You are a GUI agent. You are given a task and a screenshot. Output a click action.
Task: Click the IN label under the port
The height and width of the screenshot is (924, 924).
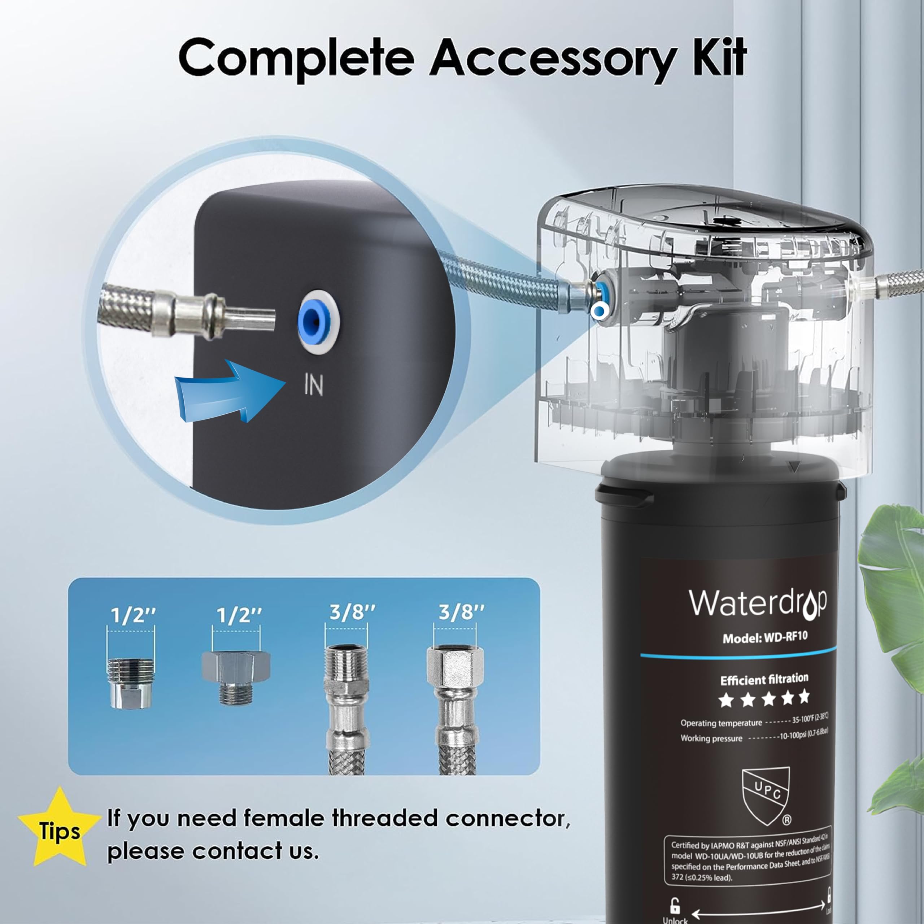[x=314, y=385]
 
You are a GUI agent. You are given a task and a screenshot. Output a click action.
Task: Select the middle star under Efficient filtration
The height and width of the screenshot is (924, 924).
[x=768, y=699]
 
